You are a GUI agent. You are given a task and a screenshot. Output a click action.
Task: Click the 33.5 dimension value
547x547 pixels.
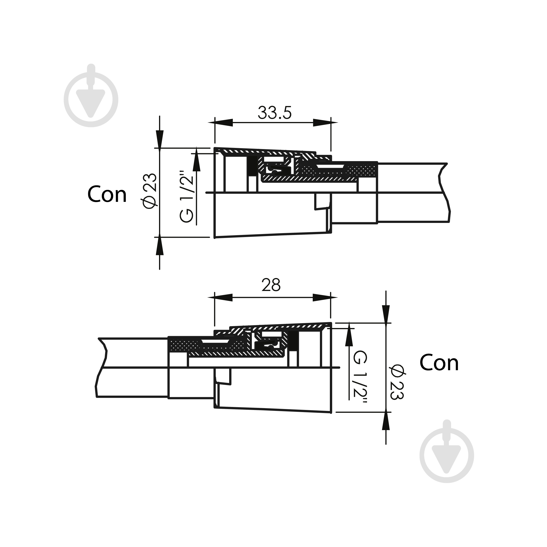(274, 113)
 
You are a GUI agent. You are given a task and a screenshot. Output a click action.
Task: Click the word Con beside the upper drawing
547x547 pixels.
(107, 194)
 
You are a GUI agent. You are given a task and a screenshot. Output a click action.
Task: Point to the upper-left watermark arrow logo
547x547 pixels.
(91, 95)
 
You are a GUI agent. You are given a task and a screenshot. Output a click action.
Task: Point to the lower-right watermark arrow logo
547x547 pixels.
(447, 451)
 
